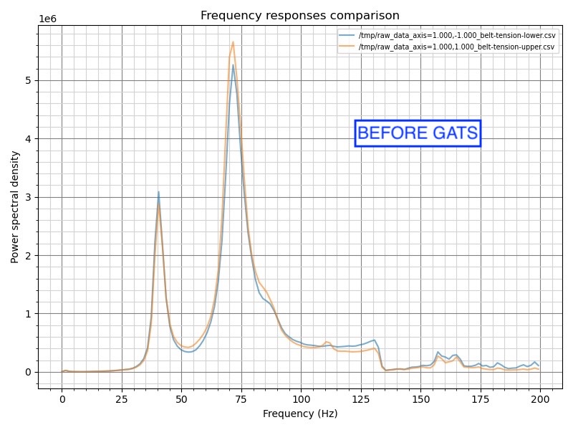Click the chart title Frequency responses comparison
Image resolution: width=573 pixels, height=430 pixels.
pos(300,16)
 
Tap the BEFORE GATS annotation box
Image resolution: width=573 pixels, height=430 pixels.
pos(418,133)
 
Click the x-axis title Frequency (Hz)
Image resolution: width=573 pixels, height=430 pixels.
pos(300,414)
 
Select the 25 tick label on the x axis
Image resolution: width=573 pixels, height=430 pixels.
pos(122,398)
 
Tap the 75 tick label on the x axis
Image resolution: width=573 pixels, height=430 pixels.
pos(241,398)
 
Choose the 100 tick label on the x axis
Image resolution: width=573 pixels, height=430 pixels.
pos(301,398)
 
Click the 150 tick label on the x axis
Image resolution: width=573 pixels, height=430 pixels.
pos(420,398)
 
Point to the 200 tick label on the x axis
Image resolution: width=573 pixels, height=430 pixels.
pos(540,398)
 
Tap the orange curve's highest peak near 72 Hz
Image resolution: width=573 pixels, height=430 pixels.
pos(233,42)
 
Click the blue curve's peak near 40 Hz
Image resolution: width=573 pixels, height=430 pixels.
pos(158,192)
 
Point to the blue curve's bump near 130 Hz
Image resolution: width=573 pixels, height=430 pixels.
pos(374,340)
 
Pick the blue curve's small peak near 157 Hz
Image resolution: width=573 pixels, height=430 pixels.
pos(438,352)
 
